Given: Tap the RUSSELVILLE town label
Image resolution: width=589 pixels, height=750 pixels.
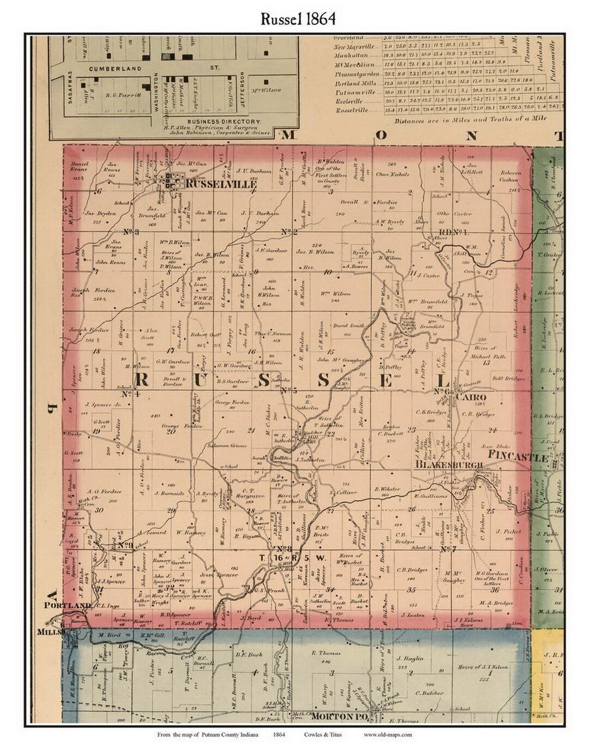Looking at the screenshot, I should point(221,184).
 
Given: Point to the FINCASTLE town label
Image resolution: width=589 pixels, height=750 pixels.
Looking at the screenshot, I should point(518,457).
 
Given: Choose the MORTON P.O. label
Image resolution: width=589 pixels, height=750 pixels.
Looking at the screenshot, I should point(339,716).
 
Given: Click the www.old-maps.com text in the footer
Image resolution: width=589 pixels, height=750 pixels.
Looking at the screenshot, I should point(388,735).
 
